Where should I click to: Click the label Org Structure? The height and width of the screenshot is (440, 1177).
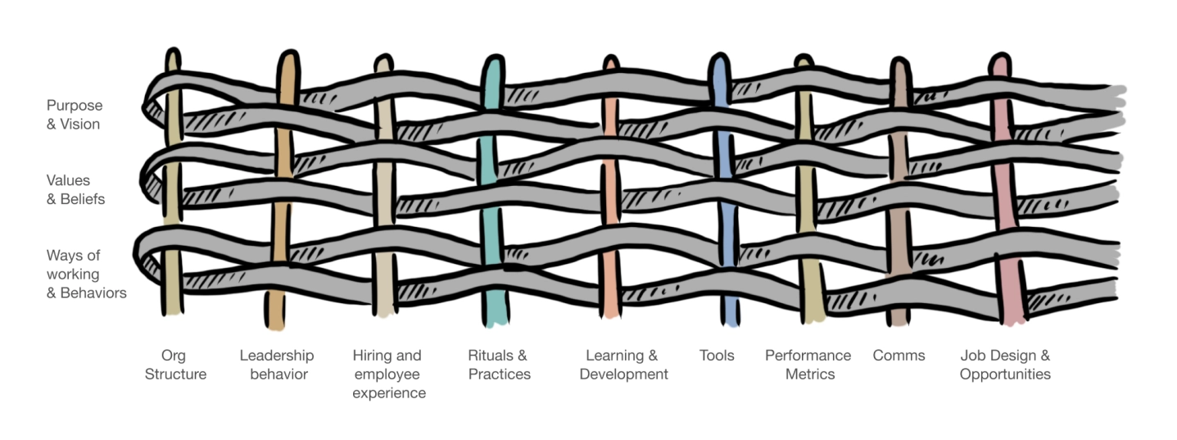point(175,365)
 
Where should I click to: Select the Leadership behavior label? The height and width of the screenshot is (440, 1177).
point(277,365)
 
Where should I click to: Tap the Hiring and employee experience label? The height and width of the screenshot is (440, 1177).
point(388,374)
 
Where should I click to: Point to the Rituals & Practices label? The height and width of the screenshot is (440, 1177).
point(499,365)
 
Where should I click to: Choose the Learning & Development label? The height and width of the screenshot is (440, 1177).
point(623,365)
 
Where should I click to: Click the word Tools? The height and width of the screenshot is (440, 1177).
point(717,356)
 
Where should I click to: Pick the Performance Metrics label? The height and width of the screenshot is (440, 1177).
point(808,365)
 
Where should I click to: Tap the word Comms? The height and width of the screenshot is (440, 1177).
point(899,356)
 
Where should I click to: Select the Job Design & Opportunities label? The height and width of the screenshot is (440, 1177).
point(1005,365)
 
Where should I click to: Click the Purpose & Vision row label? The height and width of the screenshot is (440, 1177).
point(74,115)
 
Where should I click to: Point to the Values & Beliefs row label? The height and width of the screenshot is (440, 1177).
point(75,189)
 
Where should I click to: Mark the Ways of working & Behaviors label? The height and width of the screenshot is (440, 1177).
point(86,274)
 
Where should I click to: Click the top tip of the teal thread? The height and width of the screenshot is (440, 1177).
point(493,59)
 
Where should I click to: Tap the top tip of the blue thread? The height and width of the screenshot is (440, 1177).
point(718,57)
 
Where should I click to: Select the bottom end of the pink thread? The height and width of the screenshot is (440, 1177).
point(1014,322)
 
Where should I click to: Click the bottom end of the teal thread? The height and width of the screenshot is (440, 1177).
point(494,324)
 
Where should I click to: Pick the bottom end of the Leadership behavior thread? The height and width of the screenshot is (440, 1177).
point(275,327)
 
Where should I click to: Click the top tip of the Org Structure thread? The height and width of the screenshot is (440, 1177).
point(172,52)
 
